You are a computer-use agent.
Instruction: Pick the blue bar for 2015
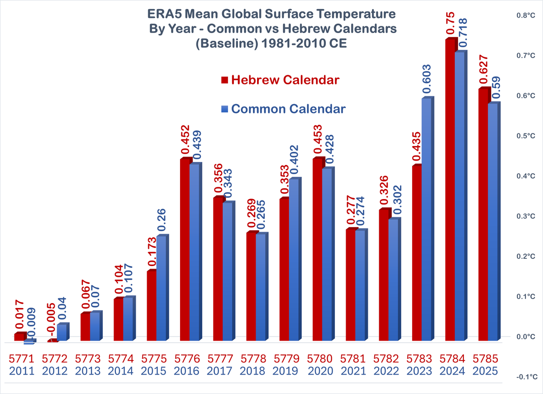click(161, 288)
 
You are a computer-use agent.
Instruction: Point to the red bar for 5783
click(416, 253)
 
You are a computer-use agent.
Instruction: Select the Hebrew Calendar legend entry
click(281, 80)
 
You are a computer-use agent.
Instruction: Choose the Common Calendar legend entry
click(284, 109)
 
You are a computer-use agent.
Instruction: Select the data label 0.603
click(426, 80)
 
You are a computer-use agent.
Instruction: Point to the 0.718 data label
click(463, 32)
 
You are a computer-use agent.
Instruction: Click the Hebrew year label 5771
click(21, 359)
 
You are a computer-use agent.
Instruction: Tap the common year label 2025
click(486, 371)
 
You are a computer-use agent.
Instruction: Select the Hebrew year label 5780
click(320, 359)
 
